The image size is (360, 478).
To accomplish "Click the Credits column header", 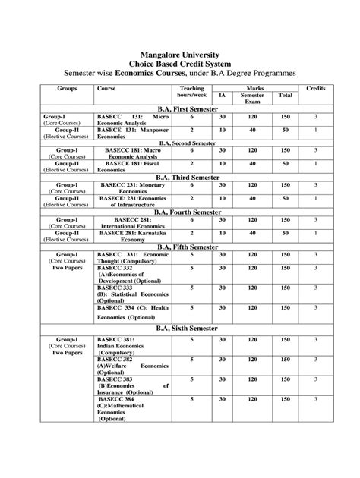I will pyautogui.click(x=315, y=89).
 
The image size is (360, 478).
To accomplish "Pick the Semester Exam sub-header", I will pyautogui.click(x=252, y=99).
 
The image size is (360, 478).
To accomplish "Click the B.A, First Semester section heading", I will pyautogui.click(x=186, y=109).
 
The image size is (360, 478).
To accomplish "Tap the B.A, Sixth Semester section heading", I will pyautogui.click(x=186, y=328).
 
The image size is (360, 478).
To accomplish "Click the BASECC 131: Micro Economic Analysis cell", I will pyautogui.click(x=132, y=121).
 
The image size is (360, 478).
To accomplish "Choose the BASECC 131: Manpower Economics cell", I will pyautogui.click(x=132, y=134).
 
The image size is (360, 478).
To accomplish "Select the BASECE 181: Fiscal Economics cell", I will pyautogui.click(x=132, y=167).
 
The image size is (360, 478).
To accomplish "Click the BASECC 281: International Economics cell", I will pyautogui.click(x=132, y=223).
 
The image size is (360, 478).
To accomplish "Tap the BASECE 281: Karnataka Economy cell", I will pyautogui.click(x=132, y=237).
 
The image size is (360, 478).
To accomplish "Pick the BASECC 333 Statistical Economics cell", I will pyautogui.click(x=132, y=294).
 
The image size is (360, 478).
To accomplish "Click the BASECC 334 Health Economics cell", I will pyautogui.click(x=132, y=312).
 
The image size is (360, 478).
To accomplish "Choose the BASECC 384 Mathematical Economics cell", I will pyautogui.click(x=132, y=407).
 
